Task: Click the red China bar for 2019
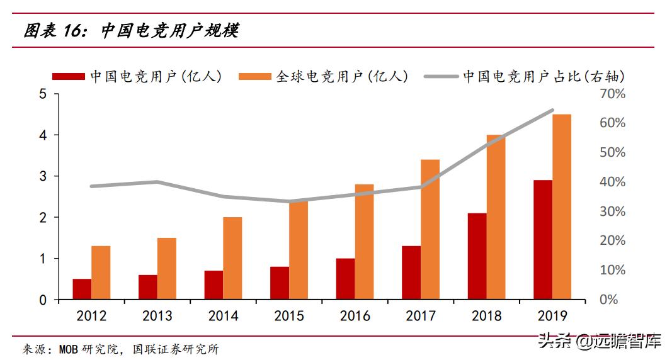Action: (542, 240)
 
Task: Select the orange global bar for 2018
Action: (496, 217)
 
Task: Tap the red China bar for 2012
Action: (82, 289)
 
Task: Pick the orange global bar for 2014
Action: (232, 258)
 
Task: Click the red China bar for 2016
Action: (345, 279)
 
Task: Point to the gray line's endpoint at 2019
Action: (552, 110)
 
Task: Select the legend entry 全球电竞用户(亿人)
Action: (324, 76)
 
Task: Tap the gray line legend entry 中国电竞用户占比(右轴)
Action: (526, 76)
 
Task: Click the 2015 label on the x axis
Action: (289, 316)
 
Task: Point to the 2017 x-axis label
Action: (421, 316)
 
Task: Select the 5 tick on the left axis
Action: (43, 94)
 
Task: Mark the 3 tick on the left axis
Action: (43, 176)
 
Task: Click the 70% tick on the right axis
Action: (612, 94)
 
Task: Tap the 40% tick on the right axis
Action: (612, 182)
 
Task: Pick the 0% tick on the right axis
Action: (608, 300)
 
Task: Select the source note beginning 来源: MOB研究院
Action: (120, 349)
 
